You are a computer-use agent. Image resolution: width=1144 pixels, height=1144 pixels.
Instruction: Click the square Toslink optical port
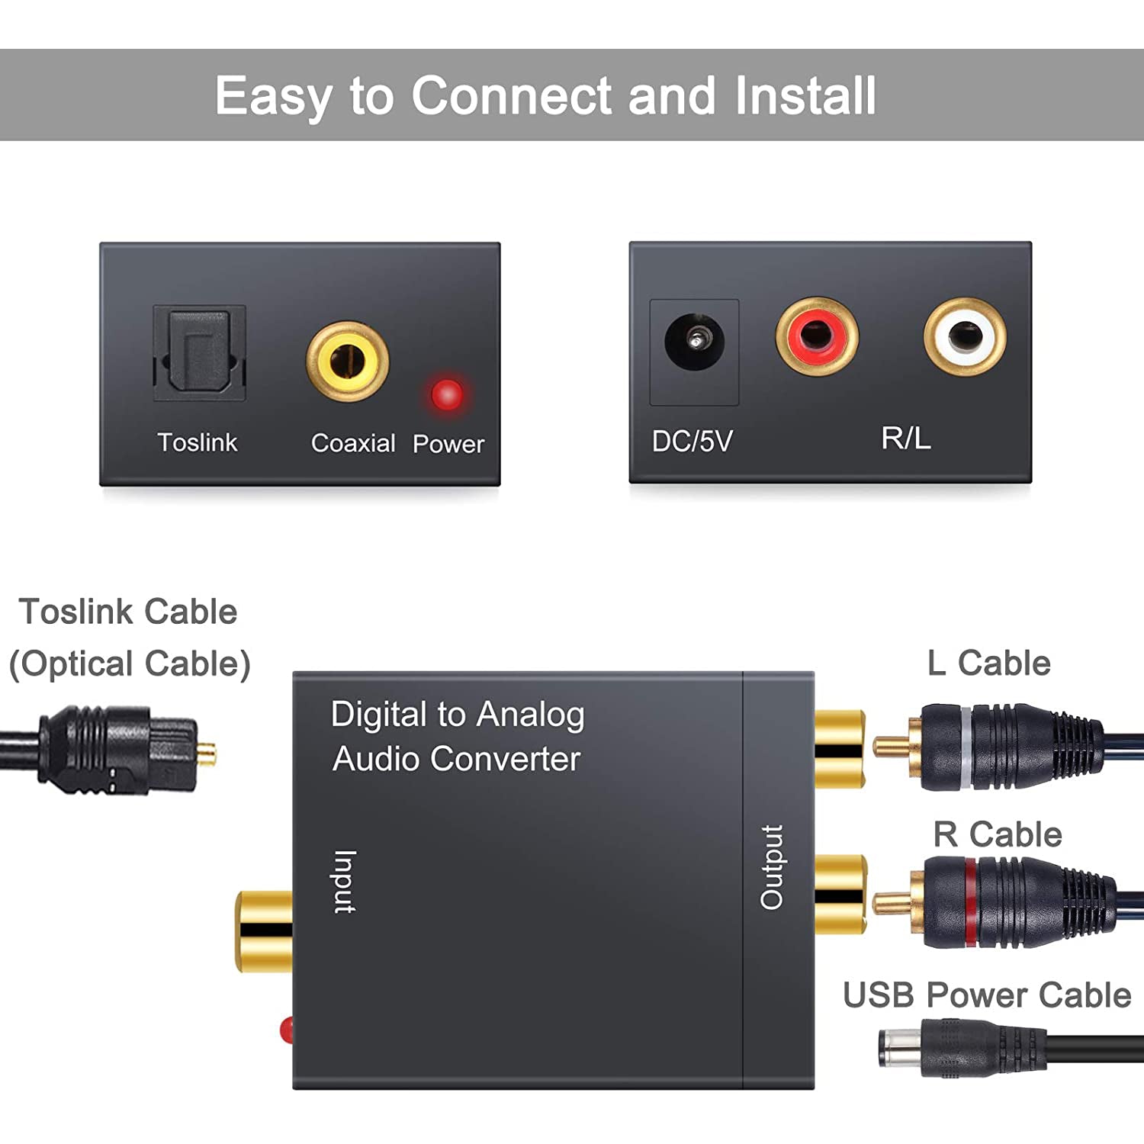[199, 353]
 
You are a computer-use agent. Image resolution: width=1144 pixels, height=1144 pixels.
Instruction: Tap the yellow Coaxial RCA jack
[348, 361]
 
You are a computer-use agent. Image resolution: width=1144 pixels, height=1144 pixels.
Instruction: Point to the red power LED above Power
[447, 394]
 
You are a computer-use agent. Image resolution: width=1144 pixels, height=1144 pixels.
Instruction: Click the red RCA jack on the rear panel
[817, 336]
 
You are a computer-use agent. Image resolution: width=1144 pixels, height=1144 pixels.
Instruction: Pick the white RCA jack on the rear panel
[965, 336]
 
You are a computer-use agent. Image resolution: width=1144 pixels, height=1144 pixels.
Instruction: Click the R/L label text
[906, 439]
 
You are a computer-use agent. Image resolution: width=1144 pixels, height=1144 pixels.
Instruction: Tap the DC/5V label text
[692, 442]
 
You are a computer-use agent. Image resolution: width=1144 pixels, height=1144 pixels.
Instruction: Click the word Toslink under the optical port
[198, 442]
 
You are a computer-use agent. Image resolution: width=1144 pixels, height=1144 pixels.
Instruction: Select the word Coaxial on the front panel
[353, 443]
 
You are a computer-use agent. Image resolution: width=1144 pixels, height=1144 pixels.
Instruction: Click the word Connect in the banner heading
[511, 96]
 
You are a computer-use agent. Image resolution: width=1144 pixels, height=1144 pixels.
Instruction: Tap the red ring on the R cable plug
[970, 902]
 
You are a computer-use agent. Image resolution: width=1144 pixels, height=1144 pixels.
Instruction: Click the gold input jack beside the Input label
[264, 930]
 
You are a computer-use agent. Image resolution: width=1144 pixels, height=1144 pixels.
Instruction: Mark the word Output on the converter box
[772, 867]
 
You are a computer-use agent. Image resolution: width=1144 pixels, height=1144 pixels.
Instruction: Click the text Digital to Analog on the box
[458, 715]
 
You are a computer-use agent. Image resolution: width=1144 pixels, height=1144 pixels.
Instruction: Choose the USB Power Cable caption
[987, 995]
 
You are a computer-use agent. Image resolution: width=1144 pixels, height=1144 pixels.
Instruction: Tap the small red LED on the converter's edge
[287, 1030]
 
